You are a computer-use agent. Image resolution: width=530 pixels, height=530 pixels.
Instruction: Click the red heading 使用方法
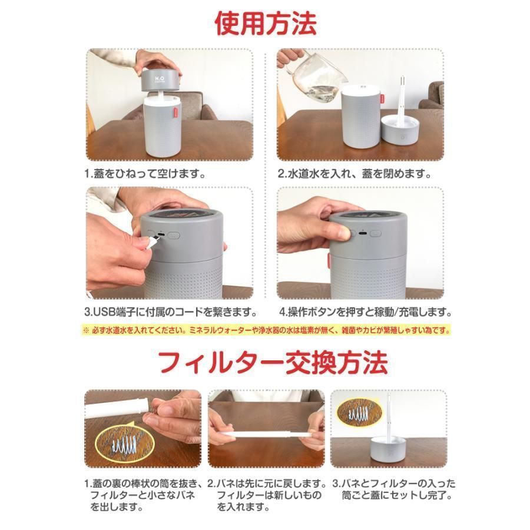(265, 24)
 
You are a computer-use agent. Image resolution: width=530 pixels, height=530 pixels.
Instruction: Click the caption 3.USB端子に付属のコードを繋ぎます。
(170, 312)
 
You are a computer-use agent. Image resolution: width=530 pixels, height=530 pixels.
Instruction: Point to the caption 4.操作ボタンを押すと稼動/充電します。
(366, 312)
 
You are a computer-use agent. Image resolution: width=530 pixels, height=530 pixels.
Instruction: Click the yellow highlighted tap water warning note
(266, 330)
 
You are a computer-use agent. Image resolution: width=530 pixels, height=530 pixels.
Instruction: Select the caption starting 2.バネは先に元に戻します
(268, 494)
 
